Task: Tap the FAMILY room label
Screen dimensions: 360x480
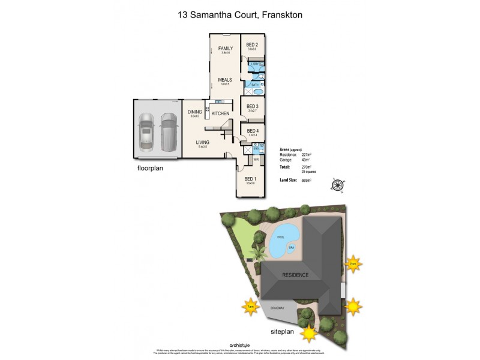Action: point(225,48)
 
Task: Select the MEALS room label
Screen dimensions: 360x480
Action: point(225,79)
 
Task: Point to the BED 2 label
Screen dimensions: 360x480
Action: point(252,45)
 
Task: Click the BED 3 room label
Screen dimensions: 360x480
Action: point(252,106)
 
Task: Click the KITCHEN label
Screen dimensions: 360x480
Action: point(220,113)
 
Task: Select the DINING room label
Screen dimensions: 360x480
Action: point(194,112)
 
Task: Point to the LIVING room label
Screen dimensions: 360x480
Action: point(202,142)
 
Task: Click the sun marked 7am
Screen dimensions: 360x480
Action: point(250,307)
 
